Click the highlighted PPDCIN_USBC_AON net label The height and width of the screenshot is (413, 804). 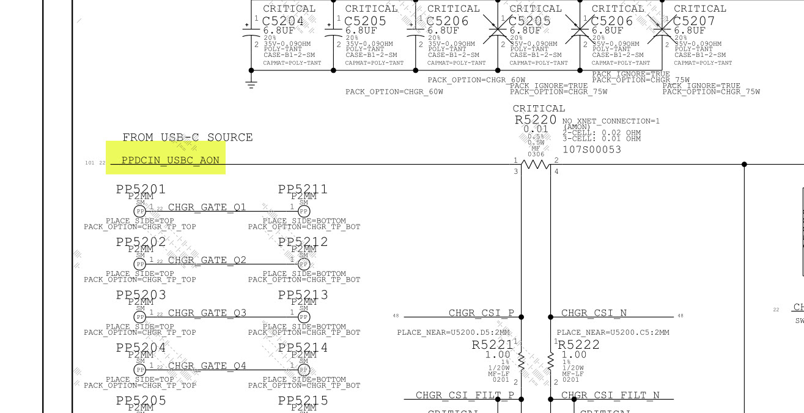(170, 160)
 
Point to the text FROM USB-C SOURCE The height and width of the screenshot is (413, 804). (187, 137)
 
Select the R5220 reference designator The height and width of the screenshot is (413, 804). (536, 120)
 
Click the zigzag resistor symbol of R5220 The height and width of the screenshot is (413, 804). (536, 164)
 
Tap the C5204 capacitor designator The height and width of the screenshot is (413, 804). (283, 20)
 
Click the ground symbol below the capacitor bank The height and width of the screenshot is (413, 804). (251, 83)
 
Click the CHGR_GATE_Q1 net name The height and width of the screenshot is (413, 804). (207, 207)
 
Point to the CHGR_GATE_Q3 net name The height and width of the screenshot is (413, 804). (207, 313)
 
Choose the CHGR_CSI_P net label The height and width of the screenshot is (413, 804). (481, 313)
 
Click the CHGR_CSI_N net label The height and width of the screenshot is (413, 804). (594, 313)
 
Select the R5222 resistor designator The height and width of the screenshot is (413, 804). (578, 344)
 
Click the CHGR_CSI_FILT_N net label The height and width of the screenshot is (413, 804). (610, 395)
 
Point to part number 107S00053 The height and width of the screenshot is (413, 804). (591, 149)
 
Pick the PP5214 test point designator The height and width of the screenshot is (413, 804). (303, 348)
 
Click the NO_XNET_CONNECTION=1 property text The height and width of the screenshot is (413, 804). (611, 121)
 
